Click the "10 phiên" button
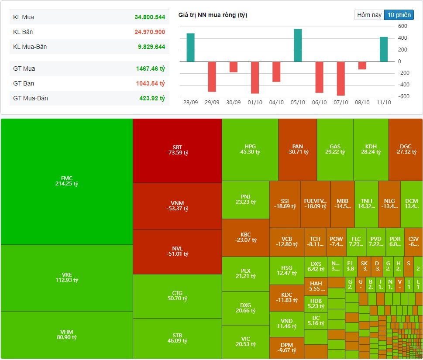(x=399, y=15)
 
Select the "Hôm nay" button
(x=369, y=15)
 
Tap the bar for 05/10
(x=298, y=45)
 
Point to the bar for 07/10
(x=341, y=79)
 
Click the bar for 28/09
(x=190, y=48)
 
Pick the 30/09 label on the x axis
(x=234, y=102)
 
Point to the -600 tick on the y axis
(x=402, y=97)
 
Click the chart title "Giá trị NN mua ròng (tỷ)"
(x=213, y=15)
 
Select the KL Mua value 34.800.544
(x=150, y=17)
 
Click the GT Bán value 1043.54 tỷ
(x=150, y=83)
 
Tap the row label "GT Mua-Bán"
(x=31, y=98)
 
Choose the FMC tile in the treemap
(x=67, y=181)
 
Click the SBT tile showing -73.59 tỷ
(x=177, y=150)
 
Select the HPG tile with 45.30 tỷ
(x=250, y=149)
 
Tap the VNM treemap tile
(x=177, y=206)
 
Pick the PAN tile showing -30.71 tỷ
(x=297, y=149)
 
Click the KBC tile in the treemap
(x=245, y=237)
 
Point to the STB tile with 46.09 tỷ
(x=177, y=338)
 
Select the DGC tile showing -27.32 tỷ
(x=405, y=149)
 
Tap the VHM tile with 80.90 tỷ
(x=67, y=335)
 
